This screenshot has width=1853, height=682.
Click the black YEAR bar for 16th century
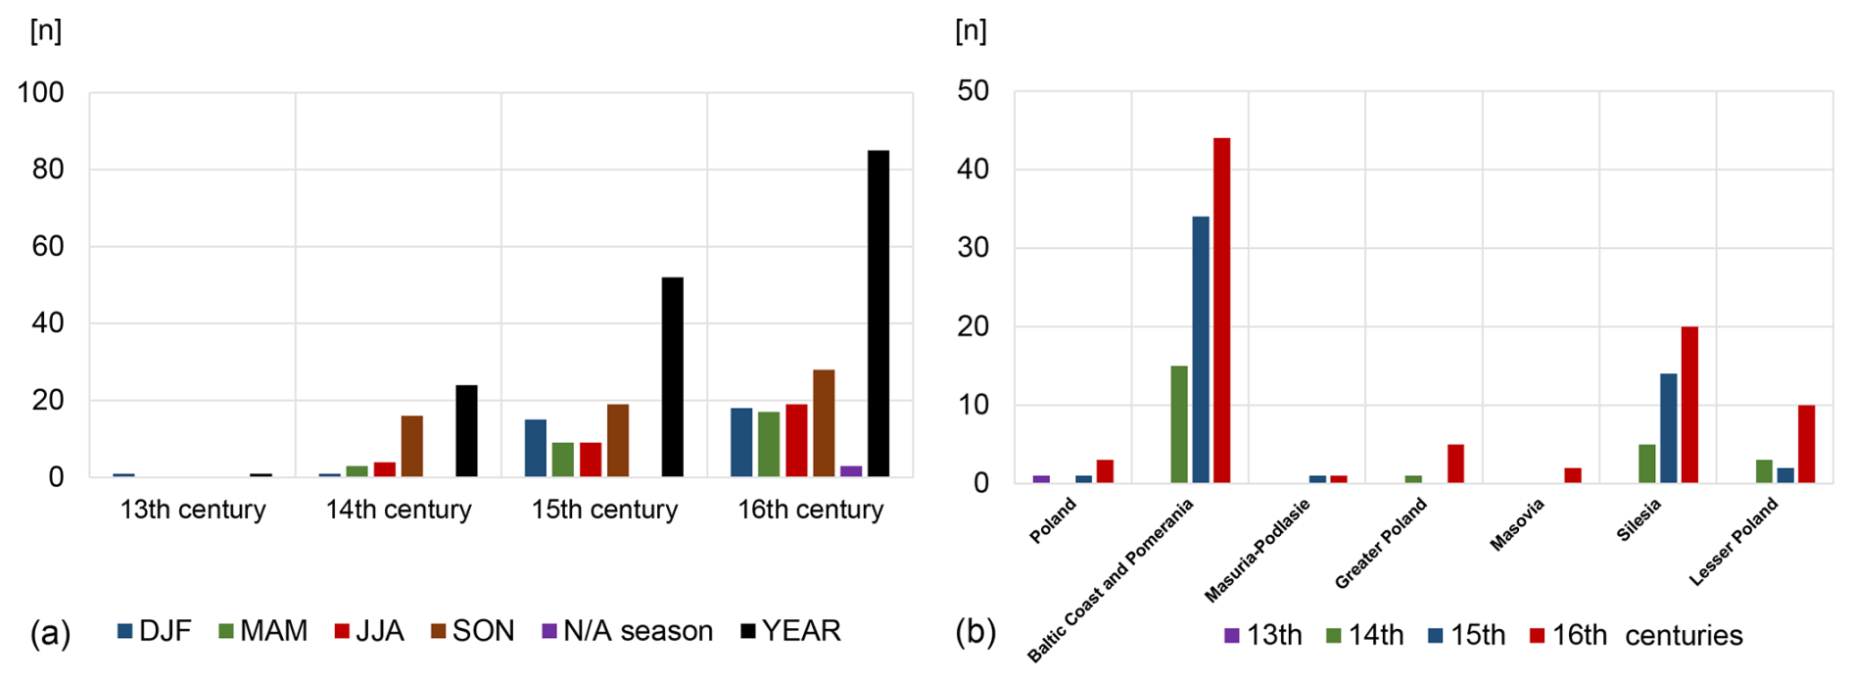879,314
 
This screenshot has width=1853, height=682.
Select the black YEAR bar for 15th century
673,377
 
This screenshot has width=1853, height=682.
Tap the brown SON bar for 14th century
412,446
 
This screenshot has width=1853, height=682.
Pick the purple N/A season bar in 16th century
851,471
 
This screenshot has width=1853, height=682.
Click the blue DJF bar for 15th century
536,448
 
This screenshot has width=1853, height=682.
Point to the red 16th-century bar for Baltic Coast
1222,310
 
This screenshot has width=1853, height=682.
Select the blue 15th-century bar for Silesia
1669,428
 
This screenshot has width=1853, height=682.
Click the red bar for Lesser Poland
1807,444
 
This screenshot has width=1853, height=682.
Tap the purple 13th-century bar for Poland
1041,479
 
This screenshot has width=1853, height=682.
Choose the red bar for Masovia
1573,475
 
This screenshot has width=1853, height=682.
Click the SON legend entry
473,631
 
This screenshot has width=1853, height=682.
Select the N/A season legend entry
628,631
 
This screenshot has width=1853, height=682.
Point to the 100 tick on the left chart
41,93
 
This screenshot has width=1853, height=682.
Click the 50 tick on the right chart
974,91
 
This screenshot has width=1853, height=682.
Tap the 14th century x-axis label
399,510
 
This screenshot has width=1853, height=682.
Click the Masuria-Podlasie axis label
1258,550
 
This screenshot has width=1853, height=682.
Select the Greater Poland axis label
1381,543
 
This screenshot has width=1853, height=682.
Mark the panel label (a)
50,633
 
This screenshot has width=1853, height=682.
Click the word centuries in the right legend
1684,636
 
